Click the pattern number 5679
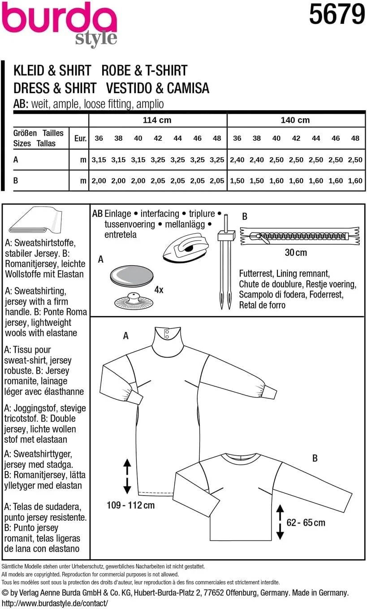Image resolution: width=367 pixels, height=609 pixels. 337,14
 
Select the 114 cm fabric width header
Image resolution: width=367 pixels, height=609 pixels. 157,120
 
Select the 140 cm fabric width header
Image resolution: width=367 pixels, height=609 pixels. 295,120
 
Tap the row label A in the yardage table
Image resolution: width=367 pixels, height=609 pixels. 16,160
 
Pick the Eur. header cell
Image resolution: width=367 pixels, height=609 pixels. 80,138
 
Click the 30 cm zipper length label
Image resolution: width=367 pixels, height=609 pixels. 296,253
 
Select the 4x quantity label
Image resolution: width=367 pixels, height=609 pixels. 159,289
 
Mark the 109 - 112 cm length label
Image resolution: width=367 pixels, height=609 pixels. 130,505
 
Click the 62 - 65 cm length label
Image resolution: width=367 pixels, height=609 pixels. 306,523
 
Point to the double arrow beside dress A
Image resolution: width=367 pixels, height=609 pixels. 127,476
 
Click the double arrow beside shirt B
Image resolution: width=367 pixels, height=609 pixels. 280,522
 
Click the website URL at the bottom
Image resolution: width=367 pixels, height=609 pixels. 55,603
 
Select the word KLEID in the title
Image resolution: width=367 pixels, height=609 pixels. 30,71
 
